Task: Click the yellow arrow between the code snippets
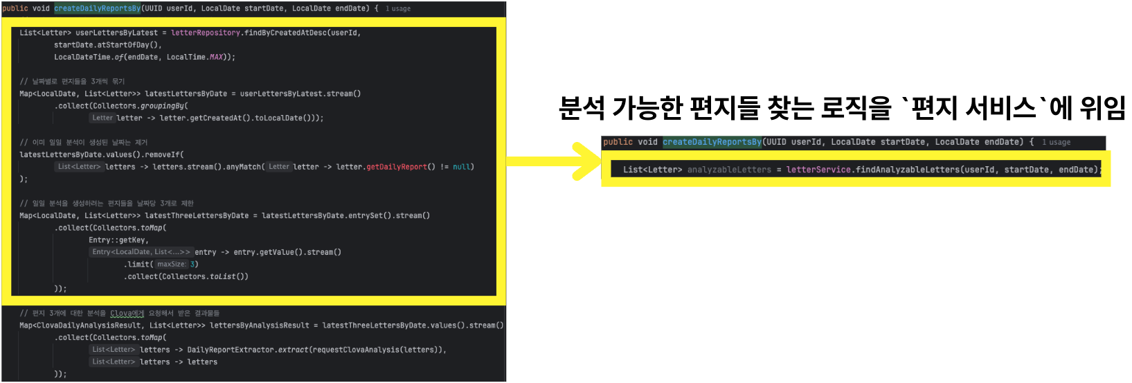554,161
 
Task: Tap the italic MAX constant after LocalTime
217,57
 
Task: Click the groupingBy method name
162,106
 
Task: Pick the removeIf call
161,154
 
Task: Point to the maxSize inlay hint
171,265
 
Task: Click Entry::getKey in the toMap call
118,240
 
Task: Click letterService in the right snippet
818,170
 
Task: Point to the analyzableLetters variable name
728,170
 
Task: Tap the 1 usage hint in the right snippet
1056,143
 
